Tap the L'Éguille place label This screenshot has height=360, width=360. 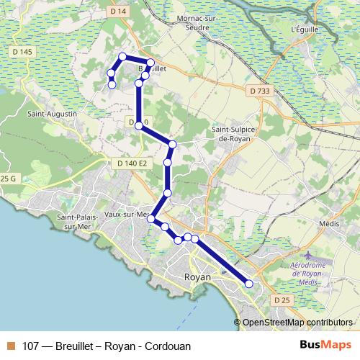tap(305, 30)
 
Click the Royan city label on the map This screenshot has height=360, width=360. tap(198, 276)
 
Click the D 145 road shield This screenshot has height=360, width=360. tap(22, 52)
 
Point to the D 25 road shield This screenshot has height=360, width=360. tap(281, 299)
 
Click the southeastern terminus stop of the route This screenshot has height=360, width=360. tap(249, 284)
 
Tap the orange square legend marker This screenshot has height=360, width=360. tap(11, 346)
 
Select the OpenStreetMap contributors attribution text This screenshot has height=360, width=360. tap(297, 323)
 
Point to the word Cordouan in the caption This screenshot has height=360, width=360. tap(168, 346)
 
